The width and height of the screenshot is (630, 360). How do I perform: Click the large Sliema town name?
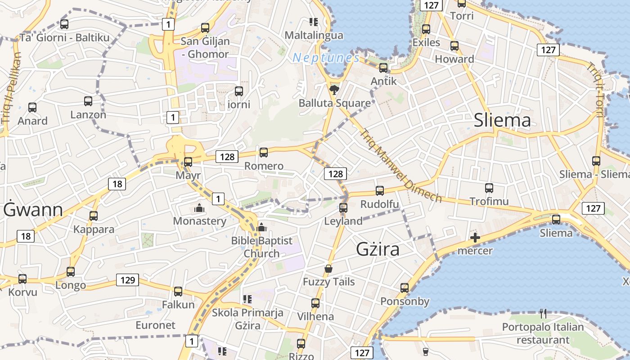click(502, 120)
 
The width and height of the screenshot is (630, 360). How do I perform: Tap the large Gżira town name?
click(378, 249)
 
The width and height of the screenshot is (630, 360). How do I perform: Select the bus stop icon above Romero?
click(264, 153)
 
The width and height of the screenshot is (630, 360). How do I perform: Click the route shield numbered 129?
click(128, 280)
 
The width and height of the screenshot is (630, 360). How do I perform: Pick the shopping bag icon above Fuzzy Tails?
click(328, 269)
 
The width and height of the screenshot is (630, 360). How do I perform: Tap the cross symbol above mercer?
click(475, 238)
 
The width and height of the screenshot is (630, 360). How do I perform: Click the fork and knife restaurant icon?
click(543, 314)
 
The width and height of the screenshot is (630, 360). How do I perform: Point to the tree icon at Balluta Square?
click(334, 90)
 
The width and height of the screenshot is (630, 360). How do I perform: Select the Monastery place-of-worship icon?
click(199, 208)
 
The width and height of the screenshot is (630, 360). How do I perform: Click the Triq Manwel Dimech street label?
click(401, 166)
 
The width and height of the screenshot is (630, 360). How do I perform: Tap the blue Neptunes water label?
click(326, 58)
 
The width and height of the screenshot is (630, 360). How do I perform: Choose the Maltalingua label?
click(314, 35)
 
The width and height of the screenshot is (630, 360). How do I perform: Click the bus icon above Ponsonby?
click(405, 288)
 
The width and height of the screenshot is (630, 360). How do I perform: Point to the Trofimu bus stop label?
click(489, 201)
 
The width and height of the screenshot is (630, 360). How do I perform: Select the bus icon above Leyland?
click(343, 208)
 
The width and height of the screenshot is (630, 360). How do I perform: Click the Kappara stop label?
click(94, 229)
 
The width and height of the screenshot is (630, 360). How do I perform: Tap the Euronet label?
click(155, 325)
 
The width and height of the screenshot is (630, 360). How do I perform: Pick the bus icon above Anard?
click(32, 108)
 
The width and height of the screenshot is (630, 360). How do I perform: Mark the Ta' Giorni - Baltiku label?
click(64, 37)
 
